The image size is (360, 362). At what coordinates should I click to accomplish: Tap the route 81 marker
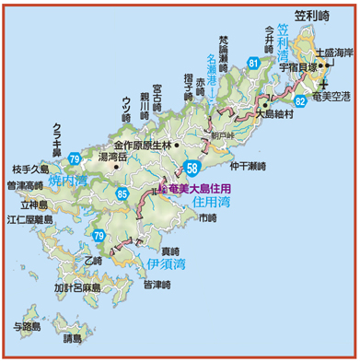click(x=253, y=63)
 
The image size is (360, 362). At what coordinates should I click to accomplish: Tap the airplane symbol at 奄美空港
click(x=324, y=85)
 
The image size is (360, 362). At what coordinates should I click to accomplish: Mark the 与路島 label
click(x=29, y=325)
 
